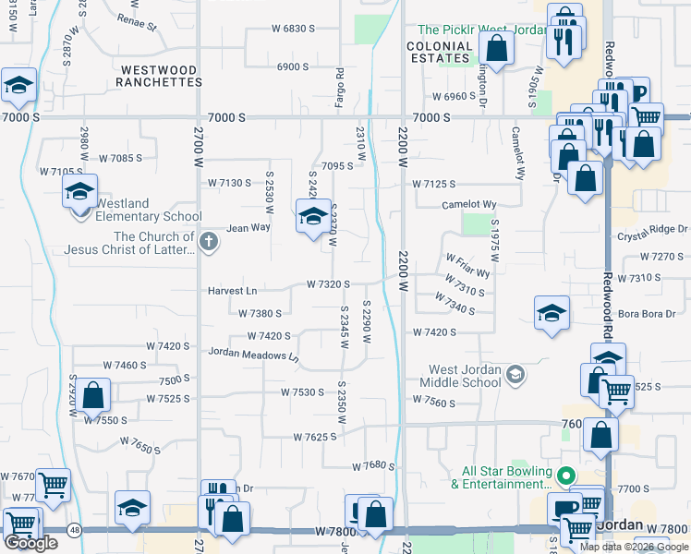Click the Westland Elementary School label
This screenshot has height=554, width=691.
[x=149, y=210]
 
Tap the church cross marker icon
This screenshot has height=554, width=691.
[x=210, y=243]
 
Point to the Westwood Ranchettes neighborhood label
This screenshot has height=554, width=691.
[x=160, y=76]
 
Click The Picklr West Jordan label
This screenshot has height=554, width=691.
[x=475, y=30]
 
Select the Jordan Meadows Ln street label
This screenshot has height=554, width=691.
[x=254, y=353]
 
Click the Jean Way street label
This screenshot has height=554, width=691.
[x=249, y=226]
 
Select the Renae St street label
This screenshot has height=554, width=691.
[x=137, y=20]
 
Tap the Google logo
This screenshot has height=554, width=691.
[x=30, y=543]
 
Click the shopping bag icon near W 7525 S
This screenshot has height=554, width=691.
[x=93, y=396]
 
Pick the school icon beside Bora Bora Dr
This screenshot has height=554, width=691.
[x=552, y=313]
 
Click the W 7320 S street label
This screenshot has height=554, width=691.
[x=329, y=284]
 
